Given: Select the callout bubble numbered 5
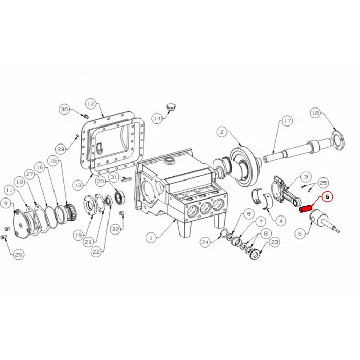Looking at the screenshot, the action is point(327,197).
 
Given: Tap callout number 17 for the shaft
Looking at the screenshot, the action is point(287,121).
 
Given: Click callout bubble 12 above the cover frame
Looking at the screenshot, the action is point(91,104).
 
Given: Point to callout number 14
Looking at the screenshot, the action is point(157,118).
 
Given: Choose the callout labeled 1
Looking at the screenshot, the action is point(151,238).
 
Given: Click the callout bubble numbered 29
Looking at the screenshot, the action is point(19,255).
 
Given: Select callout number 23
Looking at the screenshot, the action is point(274,242).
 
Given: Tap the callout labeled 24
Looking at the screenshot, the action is point(205,242).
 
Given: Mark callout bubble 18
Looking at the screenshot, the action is point(316,113).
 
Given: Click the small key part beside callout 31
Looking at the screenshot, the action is point(127,179).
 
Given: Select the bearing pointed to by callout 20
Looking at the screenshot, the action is point(120,197).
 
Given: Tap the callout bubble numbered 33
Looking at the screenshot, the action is point(61,149).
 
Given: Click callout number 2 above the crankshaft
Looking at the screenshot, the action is point(222,132).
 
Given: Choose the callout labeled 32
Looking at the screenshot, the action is point(116,229).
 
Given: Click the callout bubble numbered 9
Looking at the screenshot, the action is point(6,203).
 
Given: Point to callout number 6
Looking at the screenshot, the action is point(300,233).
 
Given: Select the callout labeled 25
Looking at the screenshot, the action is point(323,183).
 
